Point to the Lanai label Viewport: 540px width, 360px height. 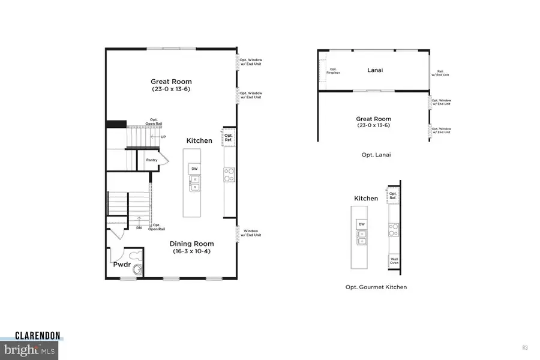375,70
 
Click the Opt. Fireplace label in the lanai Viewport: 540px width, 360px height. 332,70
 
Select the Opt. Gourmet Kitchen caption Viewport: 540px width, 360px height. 376,287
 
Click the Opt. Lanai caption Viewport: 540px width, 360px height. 373,155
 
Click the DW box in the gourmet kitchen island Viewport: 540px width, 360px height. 361,224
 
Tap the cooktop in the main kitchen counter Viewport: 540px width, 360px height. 229,174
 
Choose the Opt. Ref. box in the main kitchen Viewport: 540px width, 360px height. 228,137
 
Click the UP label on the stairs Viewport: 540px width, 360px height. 163,137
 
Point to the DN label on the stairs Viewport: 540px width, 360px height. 139,227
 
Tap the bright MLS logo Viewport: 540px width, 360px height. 30,349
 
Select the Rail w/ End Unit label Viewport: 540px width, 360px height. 443,73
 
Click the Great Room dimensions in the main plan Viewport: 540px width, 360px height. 170,89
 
